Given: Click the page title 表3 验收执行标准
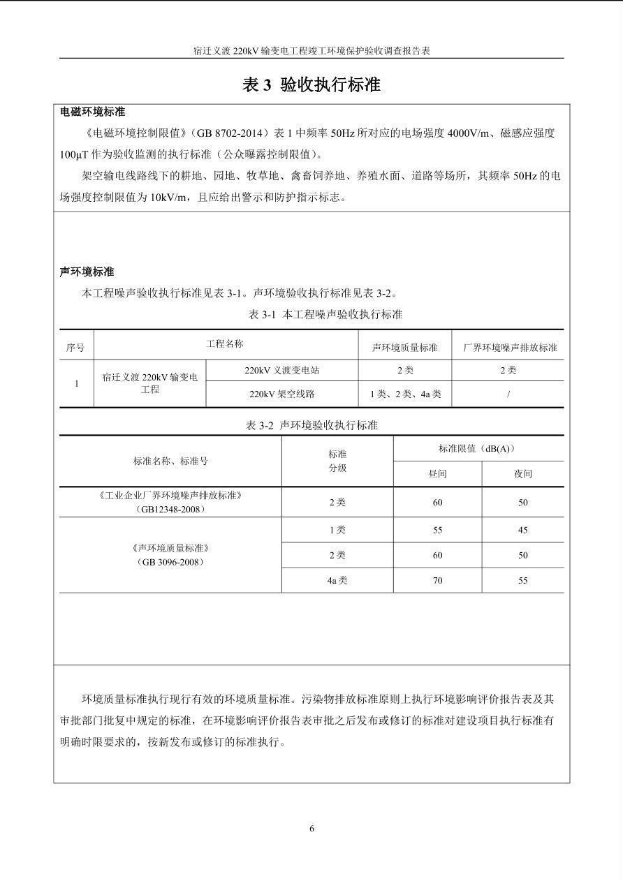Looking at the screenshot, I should click(x=311, y=85).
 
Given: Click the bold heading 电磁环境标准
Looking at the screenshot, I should click(x=92, y=112).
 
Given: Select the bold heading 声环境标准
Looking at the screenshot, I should click(x=87, y=272).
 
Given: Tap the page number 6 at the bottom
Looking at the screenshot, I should click(x=311, y=829).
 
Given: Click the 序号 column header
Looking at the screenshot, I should click(x=75, y=347).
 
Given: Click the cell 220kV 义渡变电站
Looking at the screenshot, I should click(x=281, y=370).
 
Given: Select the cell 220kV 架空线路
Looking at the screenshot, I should click(x=281, y=394).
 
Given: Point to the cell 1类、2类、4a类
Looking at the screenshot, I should click(x=405, y=394).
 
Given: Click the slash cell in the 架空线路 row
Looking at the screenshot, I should click(x=508, y=394).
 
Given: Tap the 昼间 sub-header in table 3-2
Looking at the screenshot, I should click(x=437, y=473).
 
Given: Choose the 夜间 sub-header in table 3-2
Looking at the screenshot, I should click(x=523, y=473).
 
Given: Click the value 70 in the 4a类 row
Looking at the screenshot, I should click(x=437, y=580).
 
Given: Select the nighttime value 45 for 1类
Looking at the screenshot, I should click(x=523, y=530).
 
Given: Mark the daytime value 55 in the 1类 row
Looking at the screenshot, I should click(x=437, y=530).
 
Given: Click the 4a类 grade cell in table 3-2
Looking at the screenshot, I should click(x=337, y=580).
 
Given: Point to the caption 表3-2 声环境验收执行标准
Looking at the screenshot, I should click(x=311, y=425).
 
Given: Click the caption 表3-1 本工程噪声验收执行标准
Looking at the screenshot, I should click(x=325, y=314).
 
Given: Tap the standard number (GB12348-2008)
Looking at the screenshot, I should click(x=170, y=509).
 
